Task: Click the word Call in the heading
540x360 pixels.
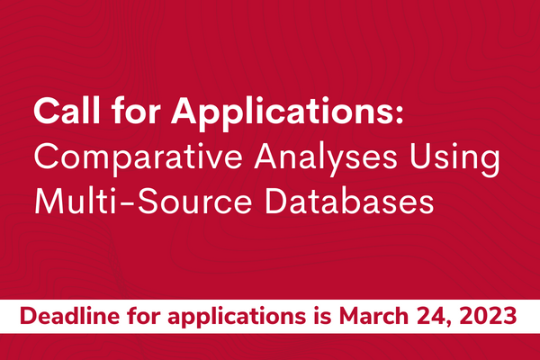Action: pos(65,114)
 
